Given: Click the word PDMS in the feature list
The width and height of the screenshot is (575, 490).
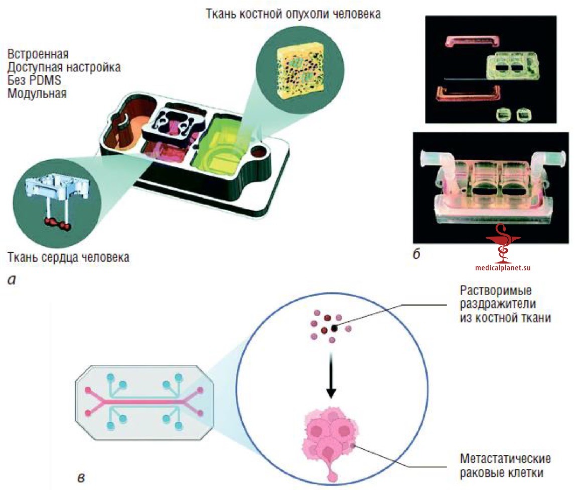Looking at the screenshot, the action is [x=45, y=80].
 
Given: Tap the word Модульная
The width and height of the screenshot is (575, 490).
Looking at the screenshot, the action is [x=37, y=93].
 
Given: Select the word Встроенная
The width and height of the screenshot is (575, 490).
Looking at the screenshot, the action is [x=38, y=54].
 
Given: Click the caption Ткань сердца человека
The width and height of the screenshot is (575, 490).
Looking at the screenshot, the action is [x=69, y=257].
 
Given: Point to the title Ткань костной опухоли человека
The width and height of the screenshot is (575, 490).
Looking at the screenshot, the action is [x=294, y=14].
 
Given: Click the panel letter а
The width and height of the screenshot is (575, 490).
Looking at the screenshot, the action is [x=12, y=280].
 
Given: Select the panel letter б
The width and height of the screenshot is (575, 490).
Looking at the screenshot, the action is [x=416, y=254].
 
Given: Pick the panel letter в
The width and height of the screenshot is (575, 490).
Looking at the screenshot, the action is [x=81, y=478].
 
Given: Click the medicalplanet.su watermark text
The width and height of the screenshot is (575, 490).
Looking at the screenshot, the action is [x=503, y=268].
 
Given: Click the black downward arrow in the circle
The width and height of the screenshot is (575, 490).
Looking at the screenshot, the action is [x=331, y=375].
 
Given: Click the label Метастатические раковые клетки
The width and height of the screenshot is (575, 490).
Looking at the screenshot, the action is [x=505, y=465].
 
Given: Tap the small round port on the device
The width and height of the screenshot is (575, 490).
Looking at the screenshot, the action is [x=259, y=151].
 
